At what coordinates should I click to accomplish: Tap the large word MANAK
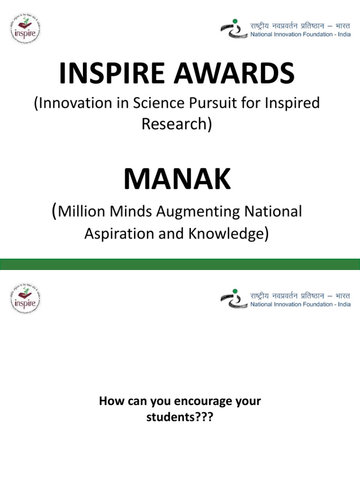pyautogui.click(x=177, y=180)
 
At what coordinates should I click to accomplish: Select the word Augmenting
pyautogui.click(x=196, y=211)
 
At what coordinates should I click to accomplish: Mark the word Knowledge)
pyautogui.click(x=229, y=233)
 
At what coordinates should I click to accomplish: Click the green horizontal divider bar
pyautogui.click(x=180, y=263)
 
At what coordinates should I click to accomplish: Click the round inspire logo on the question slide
pyautogui.click(x=25, y=299)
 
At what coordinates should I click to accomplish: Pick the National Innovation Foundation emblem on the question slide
pyautogui.click(x=233, y=299)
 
